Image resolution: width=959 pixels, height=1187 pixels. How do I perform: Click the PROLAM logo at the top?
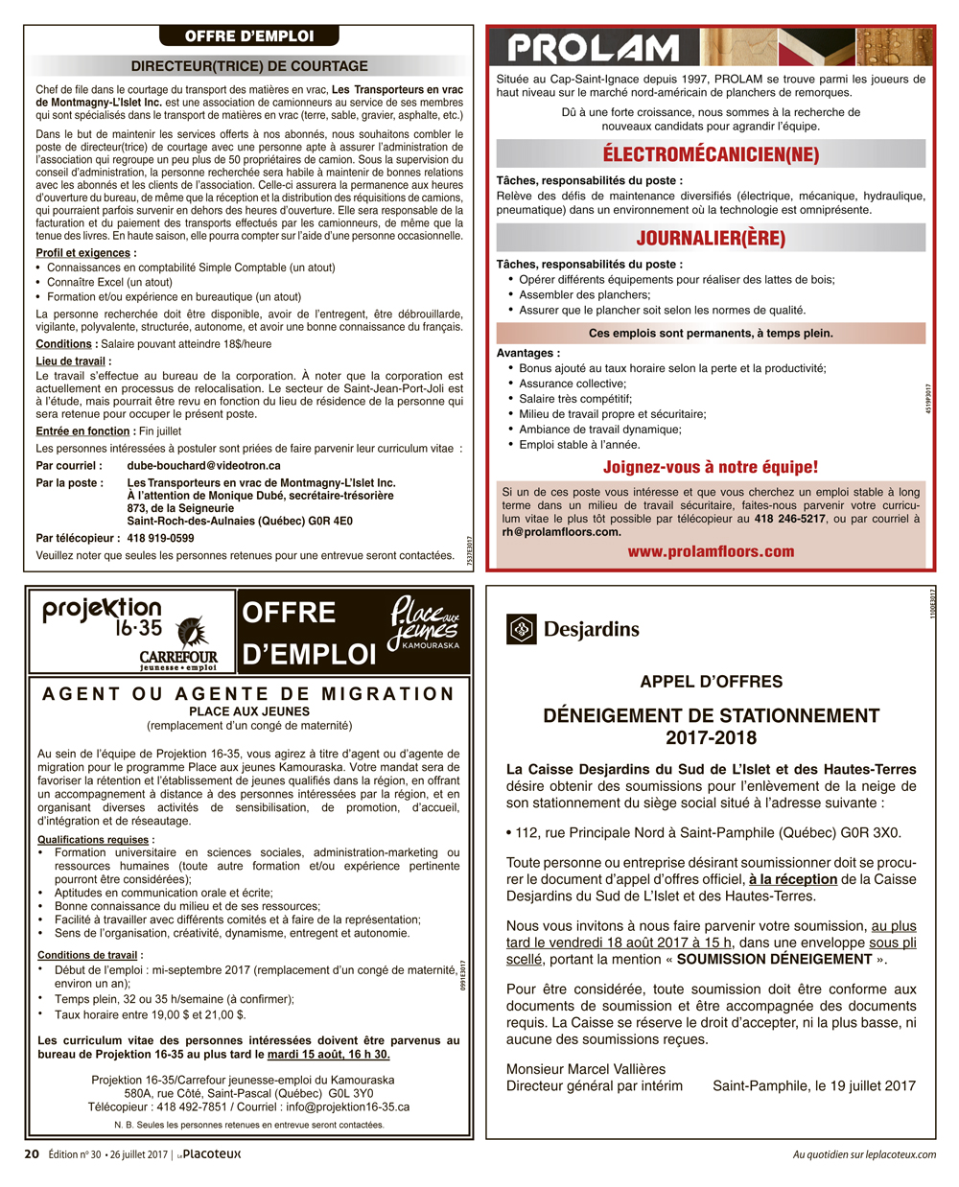593,48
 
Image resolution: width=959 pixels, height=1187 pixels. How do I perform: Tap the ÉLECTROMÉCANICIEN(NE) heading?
711,154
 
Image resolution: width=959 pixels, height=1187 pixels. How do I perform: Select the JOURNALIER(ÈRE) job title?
711,238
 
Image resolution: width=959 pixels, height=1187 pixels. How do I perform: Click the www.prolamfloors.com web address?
711,551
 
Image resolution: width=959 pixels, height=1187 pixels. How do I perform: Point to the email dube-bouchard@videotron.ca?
203,466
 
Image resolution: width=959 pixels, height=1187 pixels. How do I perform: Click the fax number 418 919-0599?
160,538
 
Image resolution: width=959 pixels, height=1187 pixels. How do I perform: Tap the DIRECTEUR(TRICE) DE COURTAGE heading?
249,66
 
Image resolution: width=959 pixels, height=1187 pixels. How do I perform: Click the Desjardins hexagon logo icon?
521,629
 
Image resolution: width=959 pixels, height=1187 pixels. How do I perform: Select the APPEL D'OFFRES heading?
711,682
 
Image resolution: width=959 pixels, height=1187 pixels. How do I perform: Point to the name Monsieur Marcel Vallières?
586,1069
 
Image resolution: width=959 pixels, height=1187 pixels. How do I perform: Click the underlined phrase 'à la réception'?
793,879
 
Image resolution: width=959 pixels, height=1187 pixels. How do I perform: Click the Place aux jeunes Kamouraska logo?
424,623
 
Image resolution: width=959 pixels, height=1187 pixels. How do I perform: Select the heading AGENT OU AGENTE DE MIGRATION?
248,694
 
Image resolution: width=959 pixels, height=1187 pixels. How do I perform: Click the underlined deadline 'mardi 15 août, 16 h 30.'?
329,1055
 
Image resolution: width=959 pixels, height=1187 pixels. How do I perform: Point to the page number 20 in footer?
32,1154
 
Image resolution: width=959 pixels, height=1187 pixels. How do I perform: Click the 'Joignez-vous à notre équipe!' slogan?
711,467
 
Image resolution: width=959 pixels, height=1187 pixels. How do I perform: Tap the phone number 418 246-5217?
789,519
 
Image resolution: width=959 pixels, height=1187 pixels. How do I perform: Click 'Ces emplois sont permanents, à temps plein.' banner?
711,334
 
